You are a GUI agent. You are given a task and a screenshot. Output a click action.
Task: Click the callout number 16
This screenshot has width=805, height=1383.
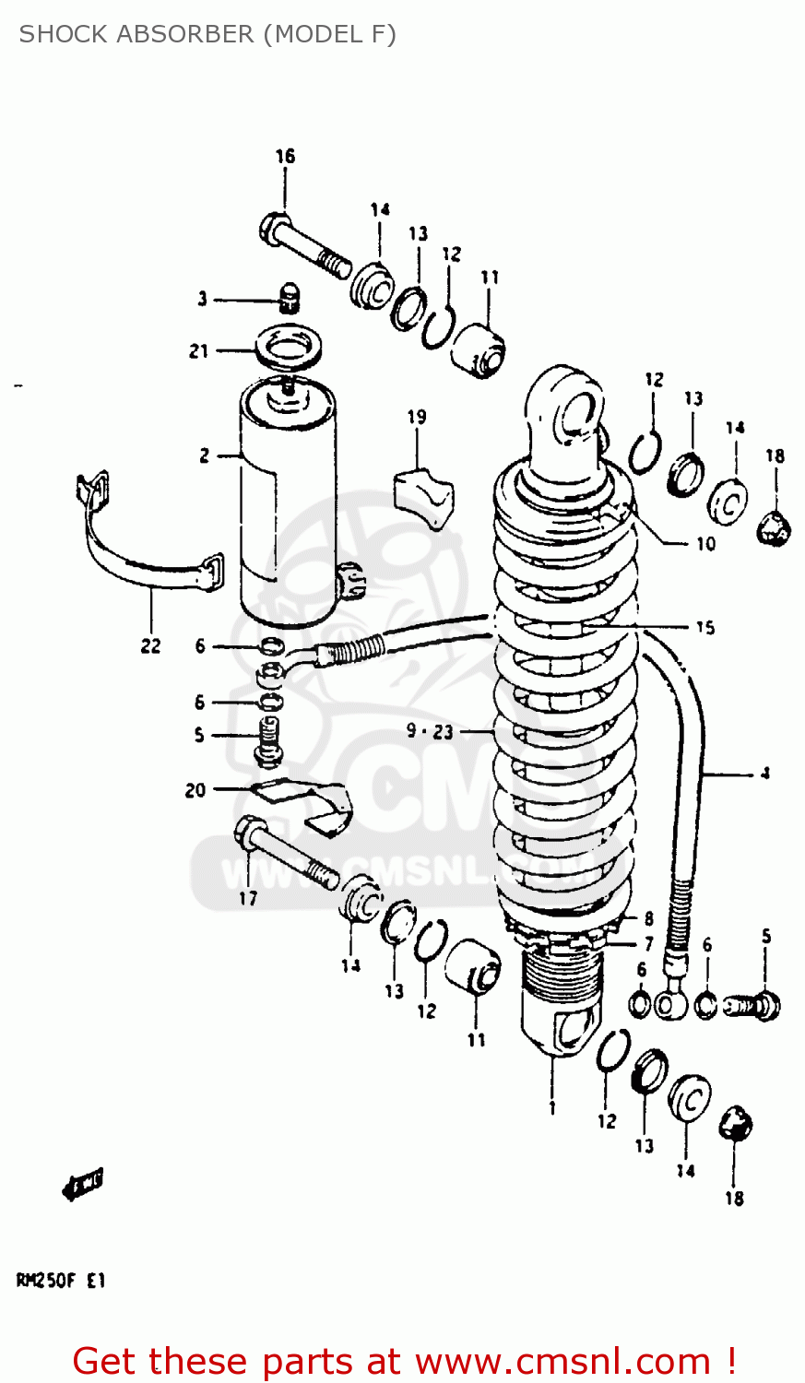coord(285,156)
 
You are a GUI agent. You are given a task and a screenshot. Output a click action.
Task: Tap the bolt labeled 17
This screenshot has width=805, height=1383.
coord(287,854)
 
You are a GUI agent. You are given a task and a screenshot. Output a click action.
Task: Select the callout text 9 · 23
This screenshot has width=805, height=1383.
coord(430,731)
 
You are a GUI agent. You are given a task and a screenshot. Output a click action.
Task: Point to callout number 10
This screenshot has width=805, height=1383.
coord(704,543)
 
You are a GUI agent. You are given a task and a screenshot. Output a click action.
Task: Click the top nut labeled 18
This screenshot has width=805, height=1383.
coord(774,528)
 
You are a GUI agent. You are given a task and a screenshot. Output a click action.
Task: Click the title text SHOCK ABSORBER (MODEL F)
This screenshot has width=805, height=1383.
coord(207,34)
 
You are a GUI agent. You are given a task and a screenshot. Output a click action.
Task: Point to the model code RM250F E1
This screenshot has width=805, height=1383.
coord(61,1281)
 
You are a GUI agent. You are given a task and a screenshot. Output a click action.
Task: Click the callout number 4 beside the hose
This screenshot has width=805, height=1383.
coord(764,774)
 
